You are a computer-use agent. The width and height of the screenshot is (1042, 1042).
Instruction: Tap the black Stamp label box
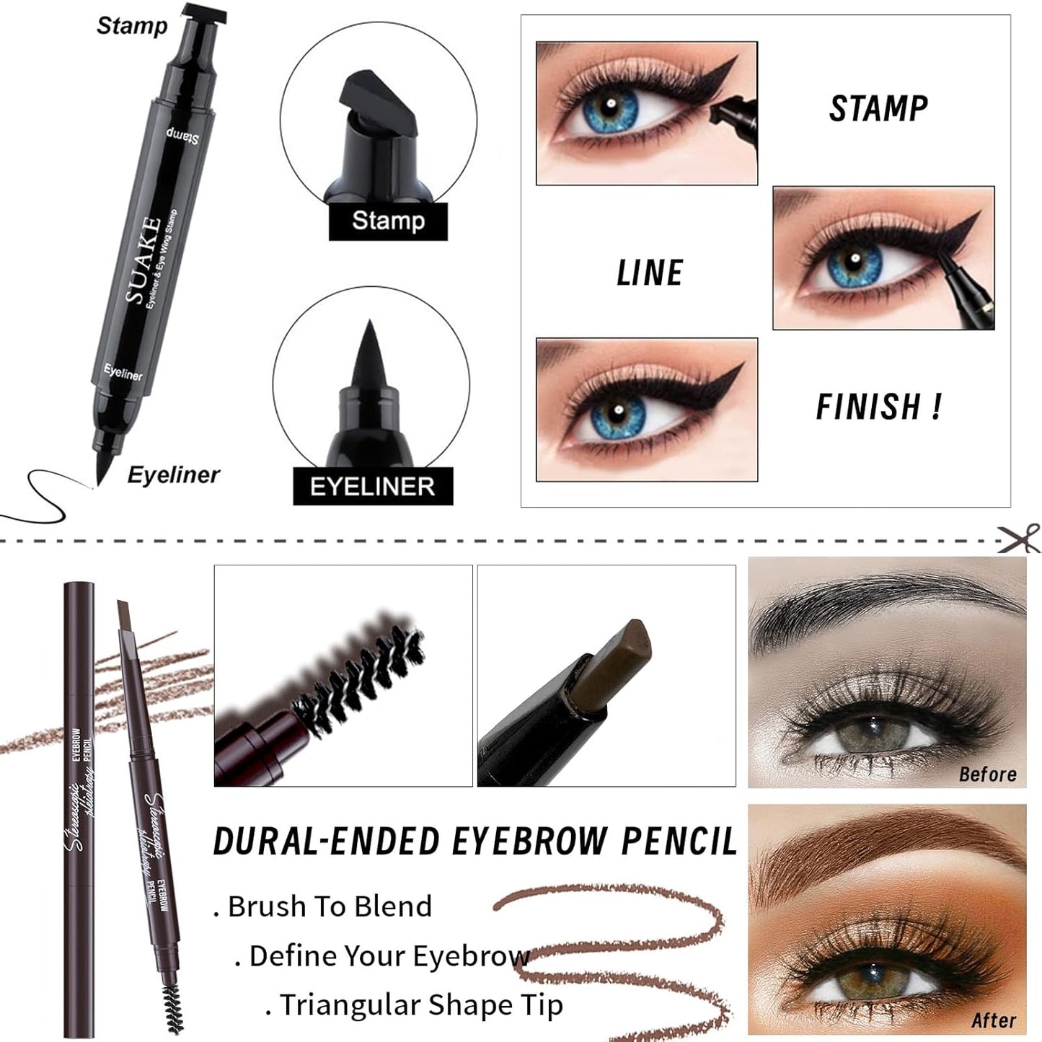[388, 221]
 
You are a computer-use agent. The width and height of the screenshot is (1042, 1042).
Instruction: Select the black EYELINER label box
[373, 487]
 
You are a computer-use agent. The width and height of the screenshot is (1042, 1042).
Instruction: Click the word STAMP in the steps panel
[878, 109]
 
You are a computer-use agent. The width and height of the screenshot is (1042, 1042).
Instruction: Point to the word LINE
[650, 273]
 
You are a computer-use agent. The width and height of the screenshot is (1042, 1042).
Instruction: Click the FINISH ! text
[878, 407]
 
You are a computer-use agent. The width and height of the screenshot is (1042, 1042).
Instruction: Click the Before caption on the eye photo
[987, 774]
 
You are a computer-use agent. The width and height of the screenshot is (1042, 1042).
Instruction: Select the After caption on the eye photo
[993, 1020]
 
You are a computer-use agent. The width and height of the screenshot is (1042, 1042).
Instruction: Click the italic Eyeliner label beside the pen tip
[173, 475]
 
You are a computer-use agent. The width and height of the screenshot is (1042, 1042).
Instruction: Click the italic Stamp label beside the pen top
[132, 26]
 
